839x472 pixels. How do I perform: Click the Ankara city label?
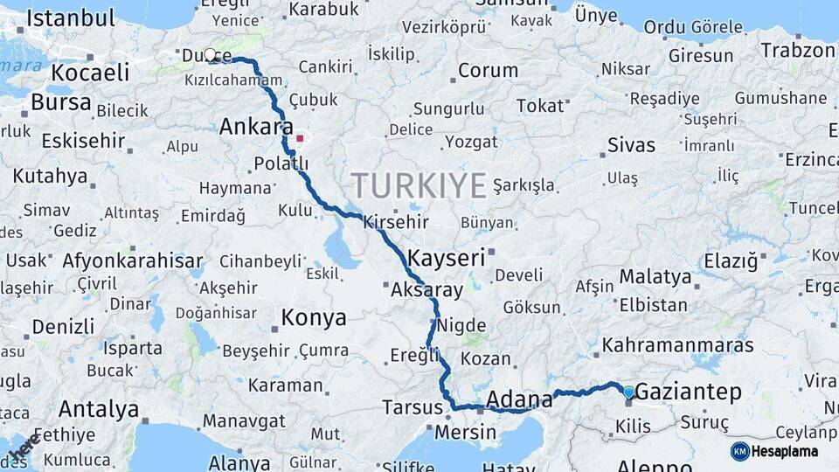pyautogui.click(x=256, y=127)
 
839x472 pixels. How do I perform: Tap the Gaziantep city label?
pyautogui.click(x=690, y=392)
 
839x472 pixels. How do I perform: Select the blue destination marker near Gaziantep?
pyautogui.click(x=628, y=392)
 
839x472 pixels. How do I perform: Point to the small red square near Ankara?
pyautogui.click(x=301, y=138)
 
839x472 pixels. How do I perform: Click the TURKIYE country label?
pyautogui.click(x=419, y=186)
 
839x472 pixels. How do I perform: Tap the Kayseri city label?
pyautogui.click(x=446, y=258)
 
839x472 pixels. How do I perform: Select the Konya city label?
pyautogui.click(x=313, y=318)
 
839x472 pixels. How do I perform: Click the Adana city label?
pyautogui.click(x=519, y=400)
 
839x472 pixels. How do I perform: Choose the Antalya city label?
pyautogui.click(x=99, y=409)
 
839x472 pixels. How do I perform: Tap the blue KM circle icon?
pyautogui.click(x=740, y=451)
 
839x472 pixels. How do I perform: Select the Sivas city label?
pyautogui.click(x=631, y=145)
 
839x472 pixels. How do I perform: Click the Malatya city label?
pyautogui.click(x=655, y=278)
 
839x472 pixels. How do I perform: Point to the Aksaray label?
pyautogui.click(x=426, y=289)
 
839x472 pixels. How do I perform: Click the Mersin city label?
pyautogui.click(x=465, y=433)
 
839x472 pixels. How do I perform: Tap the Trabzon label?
pyautogui.click(x=797, y=50)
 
